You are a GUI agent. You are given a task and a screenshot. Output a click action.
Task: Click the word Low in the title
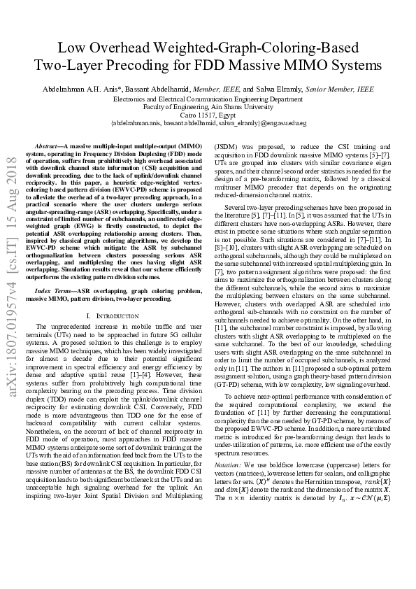click(70, 48)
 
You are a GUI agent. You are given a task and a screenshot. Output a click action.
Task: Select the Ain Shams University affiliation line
click(208, 107)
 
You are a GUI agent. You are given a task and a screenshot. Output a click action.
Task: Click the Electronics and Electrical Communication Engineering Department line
click(208, 99)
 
